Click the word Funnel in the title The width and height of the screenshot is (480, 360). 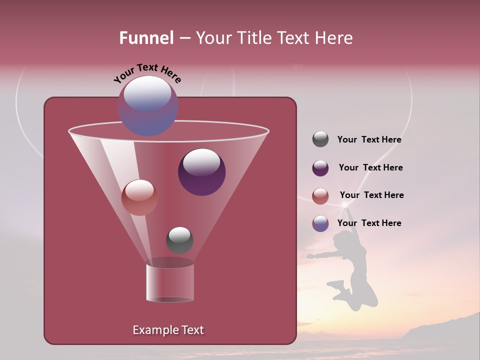(x=146, y=38)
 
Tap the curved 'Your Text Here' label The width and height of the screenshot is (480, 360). (x=147, y=73)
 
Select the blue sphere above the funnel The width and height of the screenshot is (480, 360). (x=147, y=105)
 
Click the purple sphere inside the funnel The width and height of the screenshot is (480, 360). (x=201, y=172)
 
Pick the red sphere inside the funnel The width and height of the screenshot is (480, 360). (x=139, y=197)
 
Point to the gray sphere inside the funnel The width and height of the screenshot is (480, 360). (x=179, y=240)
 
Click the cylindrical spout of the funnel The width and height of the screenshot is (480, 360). (x=170, y=282)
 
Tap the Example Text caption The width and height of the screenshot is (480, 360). (x=168, y=330)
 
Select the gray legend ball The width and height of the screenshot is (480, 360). (x=320, y=139)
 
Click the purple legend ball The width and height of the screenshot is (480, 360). (x=320, y=168)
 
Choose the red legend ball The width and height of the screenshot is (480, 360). (x=320, y=196)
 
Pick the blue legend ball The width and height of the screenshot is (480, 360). (x=320, y=223)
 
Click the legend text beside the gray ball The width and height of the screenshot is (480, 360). (x=369, y=140)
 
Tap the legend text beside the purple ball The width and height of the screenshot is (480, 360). (x=370, y=168)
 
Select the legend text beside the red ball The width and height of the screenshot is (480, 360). (x=371, y=195)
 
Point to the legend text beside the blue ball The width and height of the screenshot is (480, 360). (x=369, y=223)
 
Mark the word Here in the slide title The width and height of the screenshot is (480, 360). (x=334, y=38)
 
